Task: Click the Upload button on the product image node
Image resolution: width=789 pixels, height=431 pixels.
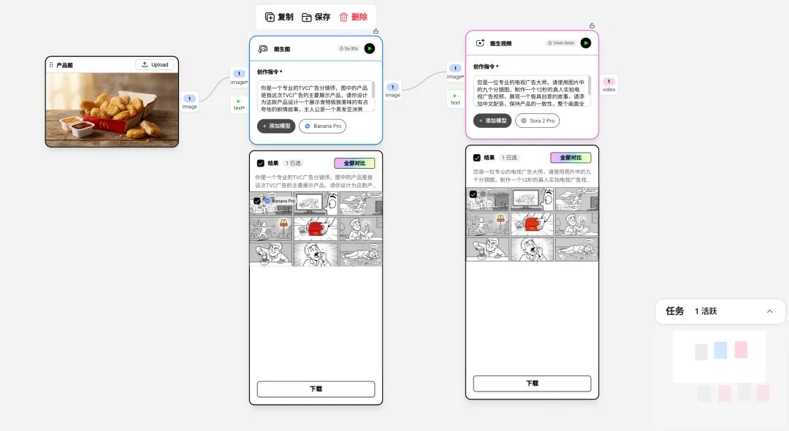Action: (x=155, y=65)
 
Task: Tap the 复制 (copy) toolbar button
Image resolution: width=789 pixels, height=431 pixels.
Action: (x=279, y=17)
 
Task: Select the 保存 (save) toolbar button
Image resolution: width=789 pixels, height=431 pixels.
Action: (x=316, y=17)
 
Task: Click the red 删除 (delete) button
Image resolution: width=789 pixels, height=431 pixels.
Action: (x=354, y=17)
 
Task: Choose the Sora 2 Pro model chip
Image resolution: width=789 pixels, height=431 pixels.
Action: (x=538, y=121)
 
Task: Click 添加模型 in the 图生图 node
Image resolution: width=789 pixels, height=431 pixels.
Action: (x=276, y=126)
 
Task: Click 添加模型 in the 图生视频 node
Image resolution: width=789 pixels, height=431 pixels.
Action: (x=492, y=121)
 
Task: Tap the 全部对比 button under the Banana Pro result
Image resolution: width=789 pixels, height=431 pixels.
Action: (x=354, y=164)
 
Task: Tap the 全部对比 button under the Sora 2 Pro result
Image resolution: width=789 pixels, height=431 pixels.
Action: (x=571, y=158)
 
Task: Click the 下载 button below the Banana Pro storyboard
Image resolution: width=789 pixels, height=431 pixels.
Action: (x=316, y=389)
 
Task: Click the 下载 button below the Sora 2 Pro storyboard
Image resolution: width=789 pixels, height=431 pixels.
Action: (x=532, y=384)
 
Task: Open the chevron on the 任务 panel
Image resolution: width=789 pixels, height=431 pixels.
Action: (x=769, y=311)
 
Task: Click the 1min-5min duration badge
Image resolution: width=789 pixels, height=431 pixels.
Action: (x=561, y=43)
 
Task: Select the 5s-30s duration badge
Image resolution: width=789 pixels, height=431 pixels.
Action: (x=348, y=48)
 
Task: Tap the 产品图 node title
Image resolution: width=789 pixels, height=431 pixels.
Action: (x=64, y=65)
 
